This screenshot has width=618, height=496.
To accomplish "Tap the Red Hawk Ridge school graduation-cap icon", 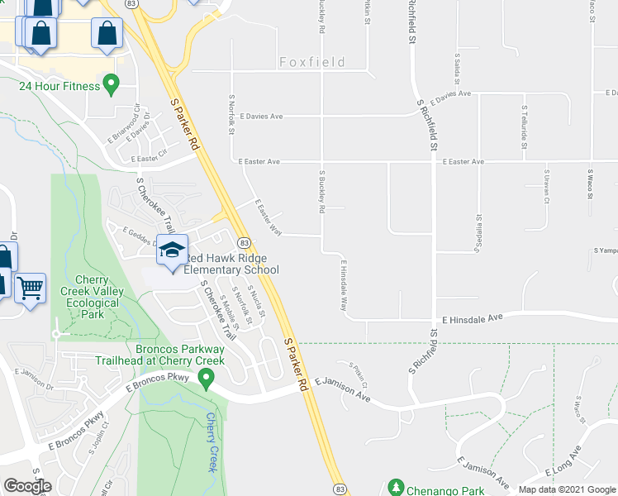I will click(x=173, y=250).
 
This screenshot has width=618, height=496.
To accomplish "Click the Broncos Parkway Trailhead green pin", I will click(x=207, y=379).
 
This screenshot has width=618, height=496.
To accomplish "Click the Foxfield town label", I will click(x=311, y=62).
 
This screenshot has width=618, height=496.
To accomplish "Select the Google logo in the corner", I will click(x=27, y=486).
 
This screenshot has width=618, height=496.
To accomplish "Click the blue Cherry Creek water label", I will click(x=214, y=442).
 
